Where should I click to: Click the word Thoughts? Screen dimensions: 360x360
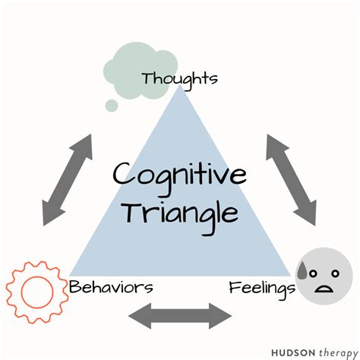179,77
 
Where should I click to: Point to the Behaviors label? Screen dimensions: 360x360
111,287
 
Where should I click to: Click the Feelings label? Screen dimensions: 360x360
261,288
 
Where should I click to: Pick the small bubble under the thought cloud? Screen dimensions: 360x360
112,105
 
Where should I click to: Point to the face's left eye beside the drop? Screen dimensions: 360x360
314,270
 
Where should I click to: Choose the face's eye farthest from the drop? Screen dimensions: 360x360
333,270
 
